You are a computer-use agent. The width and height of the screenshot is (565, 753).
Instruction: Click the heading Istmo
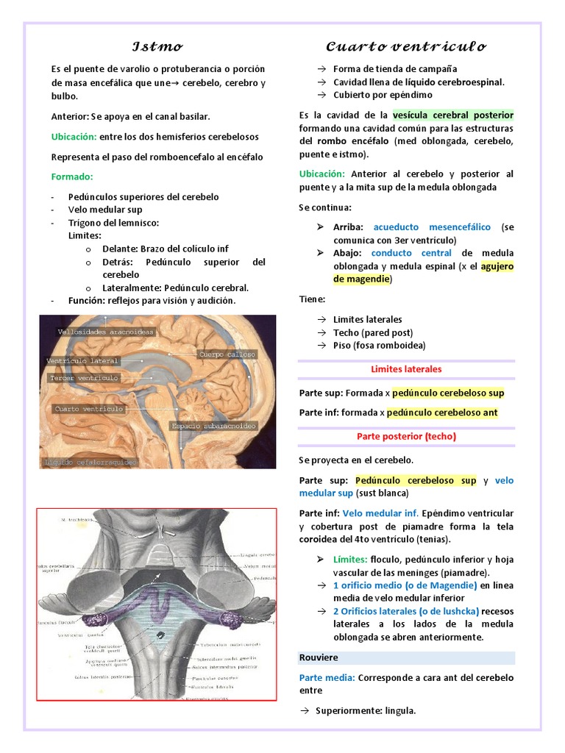(157, 47)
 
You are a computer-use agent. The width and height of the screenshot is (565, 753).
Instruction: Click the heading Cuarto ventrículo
(406, 47)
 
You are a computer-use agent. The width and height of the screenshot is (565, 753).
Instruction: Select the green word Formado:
(72, 176)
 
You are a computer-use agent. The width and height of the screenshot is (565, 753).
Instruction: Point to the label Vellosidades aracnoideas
(106, 332)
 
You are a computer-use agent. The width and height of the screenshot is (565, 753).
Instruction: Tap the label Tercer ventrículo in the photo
(84, 378)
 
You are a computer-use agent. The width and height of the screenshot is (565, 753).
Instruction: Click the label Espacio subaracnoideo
(213, 426)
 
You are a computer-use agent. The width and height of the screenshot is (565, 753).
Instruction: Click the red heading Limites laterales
(406, 369)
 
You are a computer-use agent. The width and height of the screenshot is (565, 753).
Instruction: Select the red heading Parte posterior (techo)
(406, 436)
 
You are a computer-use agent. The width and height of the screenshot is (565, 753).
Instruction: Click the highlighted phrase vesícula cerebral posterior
(453, 115)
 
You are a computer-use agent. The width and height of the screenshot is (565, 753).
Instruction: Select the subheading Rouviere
(319, 657)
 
